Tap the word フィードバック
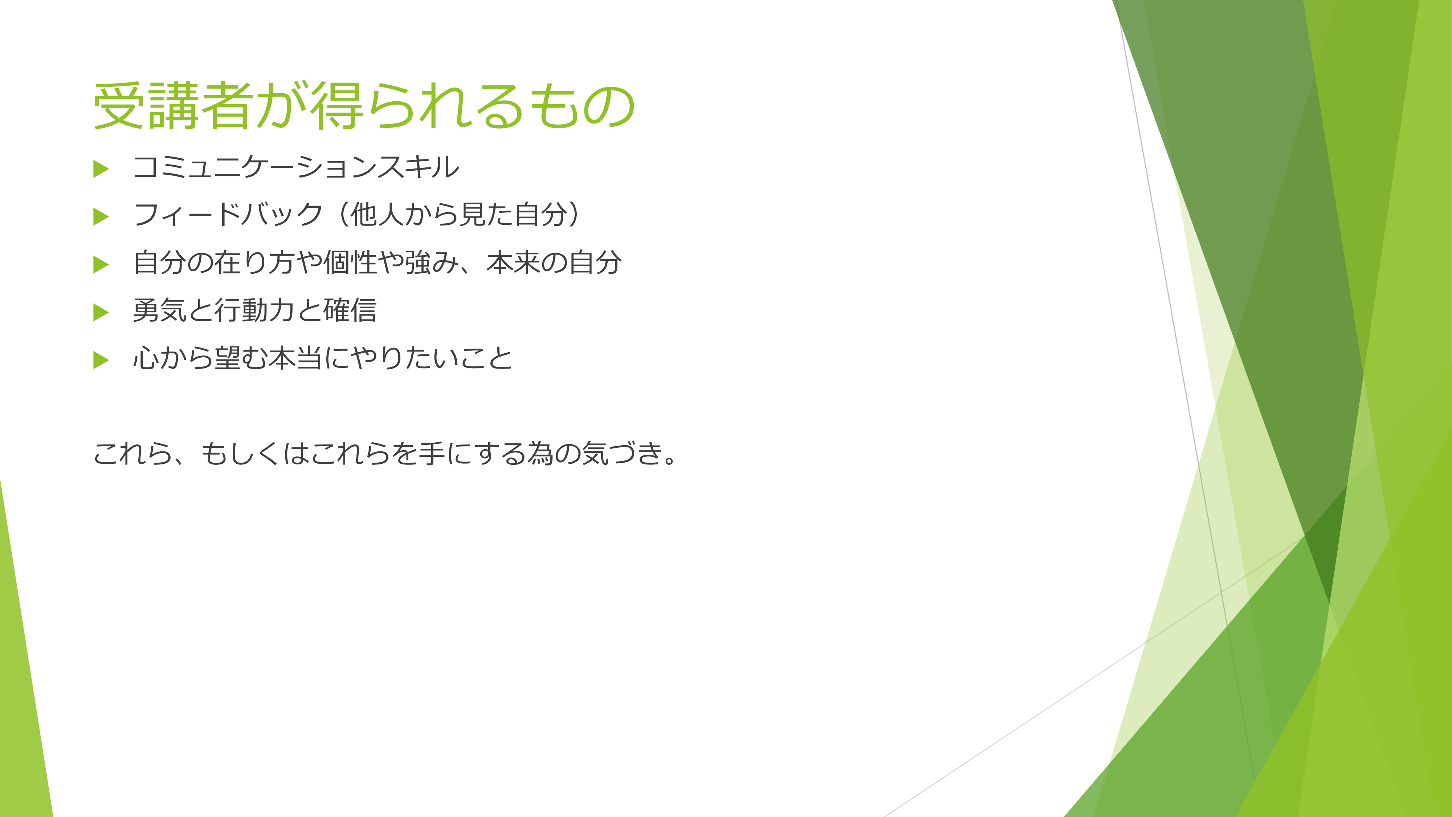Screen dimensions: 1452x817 pos(228,215)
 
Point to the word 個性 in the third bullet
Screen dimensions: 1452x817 pos(350,263)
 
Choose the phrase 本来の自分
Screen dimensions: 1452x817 pos(554,263)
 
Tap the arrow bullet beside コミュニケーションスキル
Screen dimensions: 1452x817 pos(101,168)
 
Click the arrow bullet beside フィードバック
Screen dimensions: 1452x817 pos(101,216)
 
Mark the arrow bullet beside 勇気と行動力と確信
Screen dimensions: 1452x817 pos(101,312)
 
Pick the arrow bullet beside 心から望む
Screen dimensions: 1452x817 pos(101,360)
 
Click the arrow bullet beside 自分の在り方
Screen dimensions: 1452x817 pos(101,264)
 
